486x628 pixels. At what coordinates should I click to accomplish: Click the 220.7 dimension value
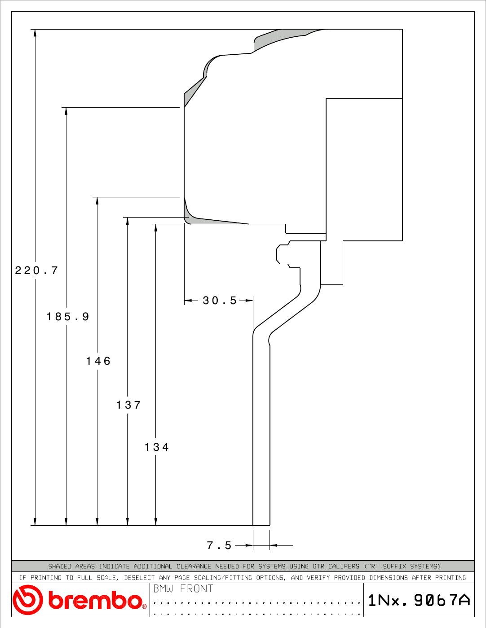[36, 270]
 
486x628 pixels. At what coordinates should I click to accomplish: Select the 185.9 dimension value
[68, 316]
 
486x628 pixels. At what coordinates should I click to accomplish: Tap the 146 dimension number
[98, 361]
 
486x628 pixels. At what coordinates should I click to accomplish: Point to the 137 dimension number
[128, 405]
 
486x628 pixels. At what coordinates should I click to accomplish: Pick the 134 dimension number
[156, 447]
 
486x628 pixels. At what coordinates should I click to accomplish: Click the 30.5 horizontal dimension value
[220, 301]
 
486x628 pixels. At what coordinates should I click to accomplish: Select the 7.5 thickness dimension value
[219, 545]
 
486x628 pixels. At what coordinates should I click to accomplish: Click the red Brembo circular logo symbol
[28, 600]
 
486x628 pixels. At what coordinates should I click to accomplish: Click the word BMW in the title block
[163, 589]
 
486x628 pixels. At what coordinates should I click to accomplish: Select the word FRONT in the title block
[197, 589]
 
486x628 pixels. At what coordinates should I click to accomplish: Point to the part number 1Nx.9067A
[419, 600]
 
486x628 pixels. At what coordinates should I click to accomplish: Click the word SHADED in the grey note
[60, 566]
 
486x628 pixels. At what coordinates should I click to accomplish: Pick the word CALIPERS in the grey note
[344, 566]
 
